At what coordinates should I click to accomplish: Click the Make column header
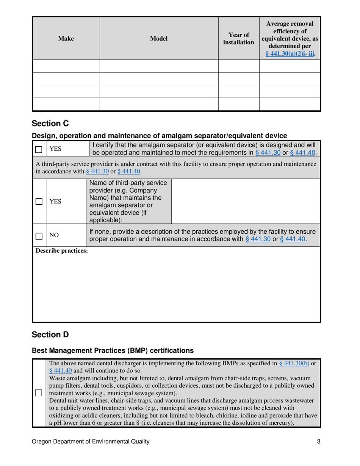(x=66, y=38)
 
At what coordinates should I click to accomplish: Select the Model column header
(x=159, y=38)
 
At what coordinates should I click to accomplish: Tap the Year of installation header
(x=238, y=38)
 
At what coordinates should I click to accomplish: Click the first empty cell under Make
(x=66, y=66)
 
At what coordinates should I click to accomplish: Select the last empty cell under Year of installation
(x=238, y=104)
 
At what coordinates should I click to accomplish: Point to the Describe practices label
(x=56, y=251)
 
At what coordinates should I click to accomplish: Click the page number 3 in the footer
(x=319, y=441)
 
